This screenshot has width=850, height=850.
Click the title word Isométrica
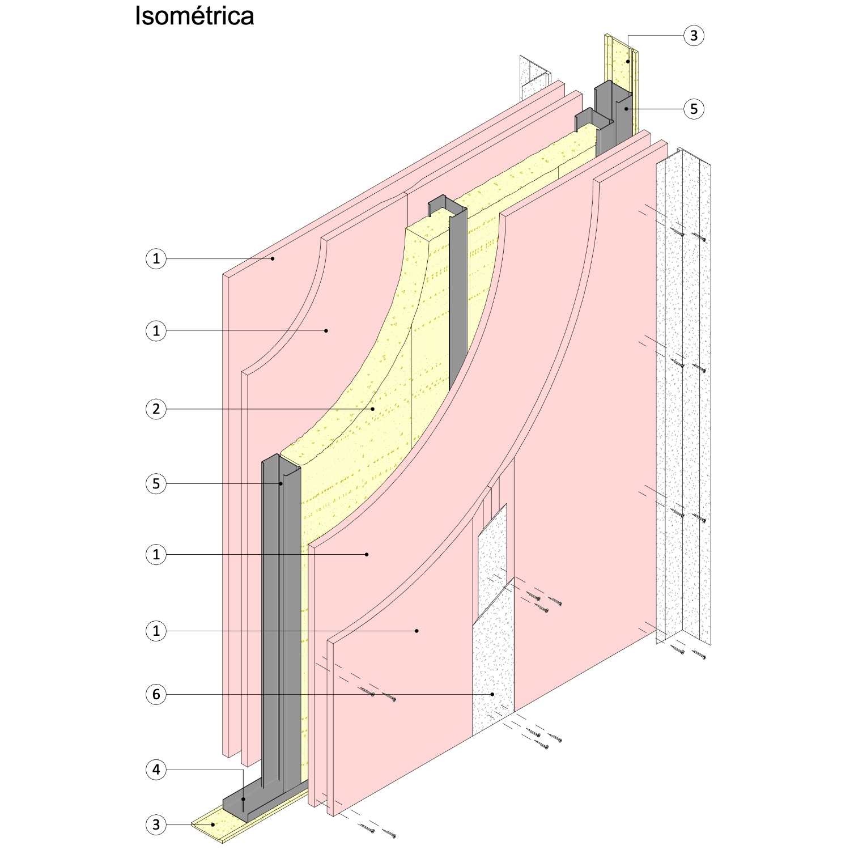[x=194, y=16]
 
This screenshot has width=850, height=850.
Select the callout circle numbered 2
[x=156, y=409]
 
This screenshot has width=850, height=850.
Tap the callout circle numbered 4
[x=156, y=770]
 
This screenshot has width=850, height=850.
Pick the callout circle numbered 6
[x=156, y=694]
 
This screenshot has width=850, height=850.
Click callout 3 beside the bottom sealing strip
[x=156, y=824]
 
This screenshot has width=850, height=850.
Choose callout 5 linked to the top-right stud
[x=694, y=108]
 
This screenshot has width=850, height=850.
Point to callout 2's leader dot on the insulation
[x=373, y=409]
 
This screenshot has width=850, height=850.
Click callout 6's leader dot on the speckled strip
[x=492, y=694]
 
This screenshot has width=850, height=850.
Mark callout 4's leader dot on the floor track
[x=244, y=800]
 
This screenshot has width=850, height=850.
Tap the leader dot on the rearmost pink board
[x=273, y=259]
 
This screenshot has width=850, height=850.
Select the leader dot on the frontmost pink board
[x=416, y=631]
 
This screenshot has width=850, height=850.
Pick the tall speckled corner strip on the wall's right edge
[x=683, y=397]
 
